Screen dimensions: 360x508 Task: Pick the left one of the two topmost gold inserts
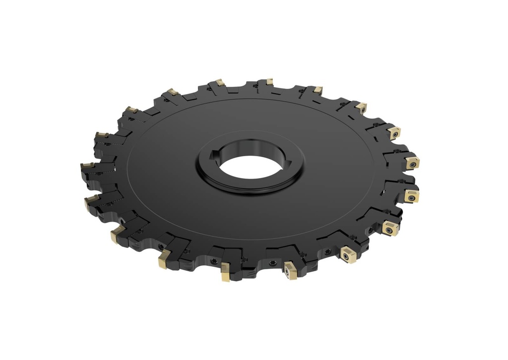click(x=220, y=82)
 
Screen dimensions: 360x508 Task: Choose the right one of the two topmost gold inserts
click(x=269, y=81)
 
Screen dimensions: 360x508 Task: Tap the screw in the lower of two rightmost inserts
click(x=411, y=196)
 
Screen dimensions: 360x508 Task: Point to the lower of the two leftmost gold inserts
click(x=91, y=200)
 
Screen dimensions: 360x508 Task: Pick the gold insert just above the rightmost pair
click(x=394, y=132)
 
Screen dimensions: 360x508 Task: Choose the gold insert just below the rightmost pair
click(x=390, y=228)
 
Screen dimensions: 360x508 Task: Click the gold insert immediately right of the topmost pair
click(x=317, y=90)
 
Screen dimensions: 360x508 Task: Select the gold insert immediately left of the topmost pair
click(x=173, y=92)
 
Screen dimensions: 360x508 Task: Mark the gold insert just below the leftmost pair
click(x=117, y=234)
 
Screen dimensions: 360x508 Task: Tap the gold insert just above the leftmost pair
click(x=102, y=135)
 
